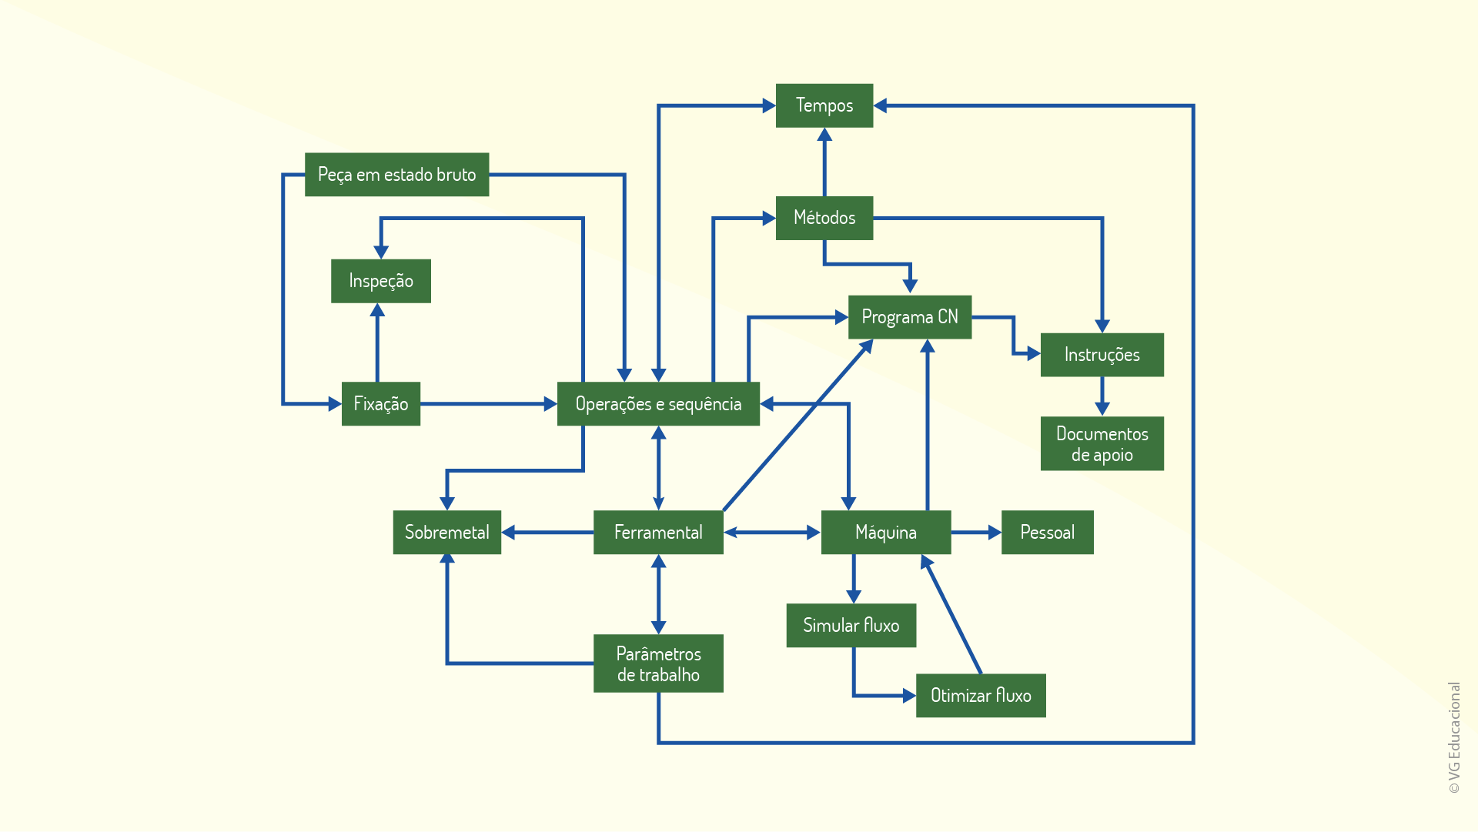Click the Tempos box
click(x=824, y=105)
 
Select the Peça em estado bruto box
click(x=396, y=175)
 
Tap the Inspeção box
click(x=381, y=281)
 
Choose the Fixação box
click(x=381, y=404)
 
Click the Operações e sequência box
click(x=658, y=404)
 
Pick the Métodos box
click(x=824, y=218)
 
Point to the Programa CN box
click(x=910, y=317)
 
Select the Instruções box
click(x=1102, y=355)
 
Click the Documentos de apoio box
click(x=1102, y=444)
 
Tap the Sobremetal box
click(x=447, y=533)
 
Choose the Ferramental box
click(x=658, y=533)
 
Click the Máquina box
click(x=886, y=533)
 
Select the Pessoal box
click(x=1048, y=533)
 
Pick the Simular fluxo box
click(x=851, y=626)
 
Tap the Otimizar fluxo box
click(x=981, y=696)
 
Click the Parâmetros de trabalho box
click(x=658, y=663)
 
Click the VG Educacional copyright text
click(x=1454, y=737)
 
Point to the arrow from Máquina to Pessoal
click(x=976, y=533)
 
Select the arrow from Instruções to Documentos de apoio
click(x=1102, y=396)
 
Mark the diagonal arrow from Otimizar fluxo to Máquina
click(x=951, y=614)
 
